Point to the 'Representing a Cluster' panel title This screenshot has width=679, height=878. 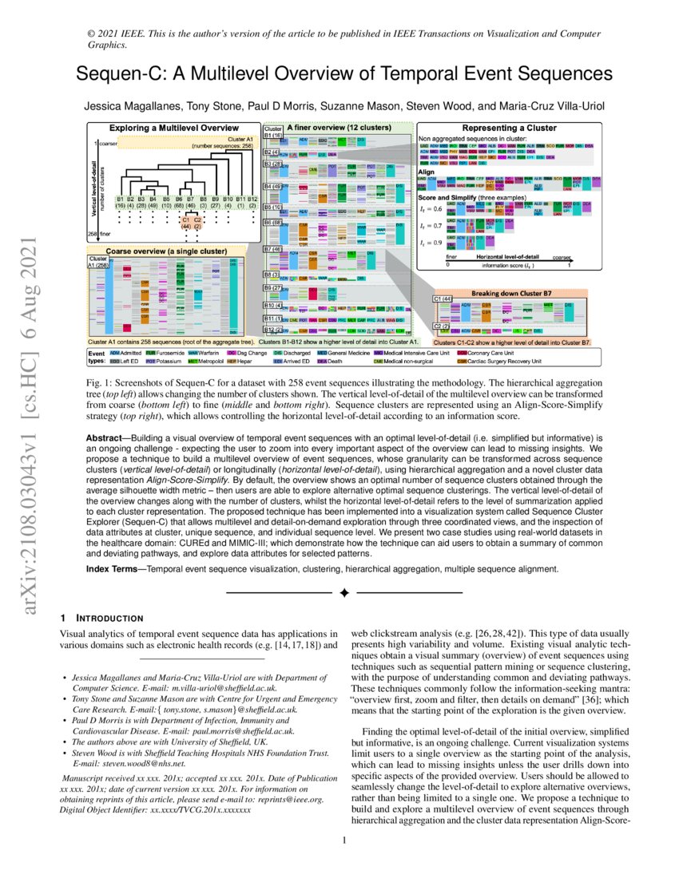coord(504,128)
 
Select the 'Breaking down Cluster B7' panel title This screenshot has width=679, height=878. coord(511,292)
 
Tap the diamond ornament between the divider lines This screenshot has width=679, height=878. coord(344,593)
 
